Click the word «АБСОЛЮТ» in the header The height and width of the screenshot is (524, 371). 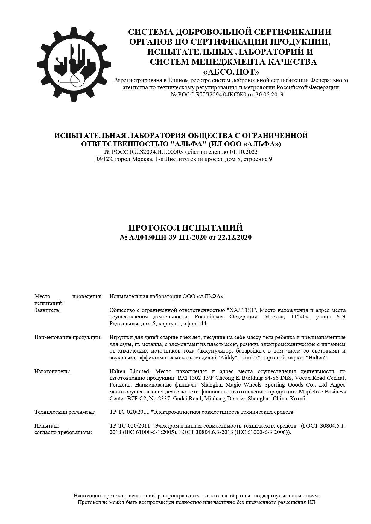231,72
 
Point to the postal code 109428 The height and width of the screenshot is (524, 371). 103,159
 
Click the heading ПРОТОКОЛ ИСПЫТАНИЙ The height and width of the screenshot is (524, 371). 185,228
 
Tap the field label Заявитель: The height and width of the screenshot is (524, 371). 48,310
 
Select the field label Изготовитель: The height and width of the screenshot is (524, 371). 52,371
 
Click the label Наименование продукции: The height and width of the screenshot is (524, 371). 68,338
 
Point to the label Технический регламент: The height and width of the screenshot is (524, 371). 65,412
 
